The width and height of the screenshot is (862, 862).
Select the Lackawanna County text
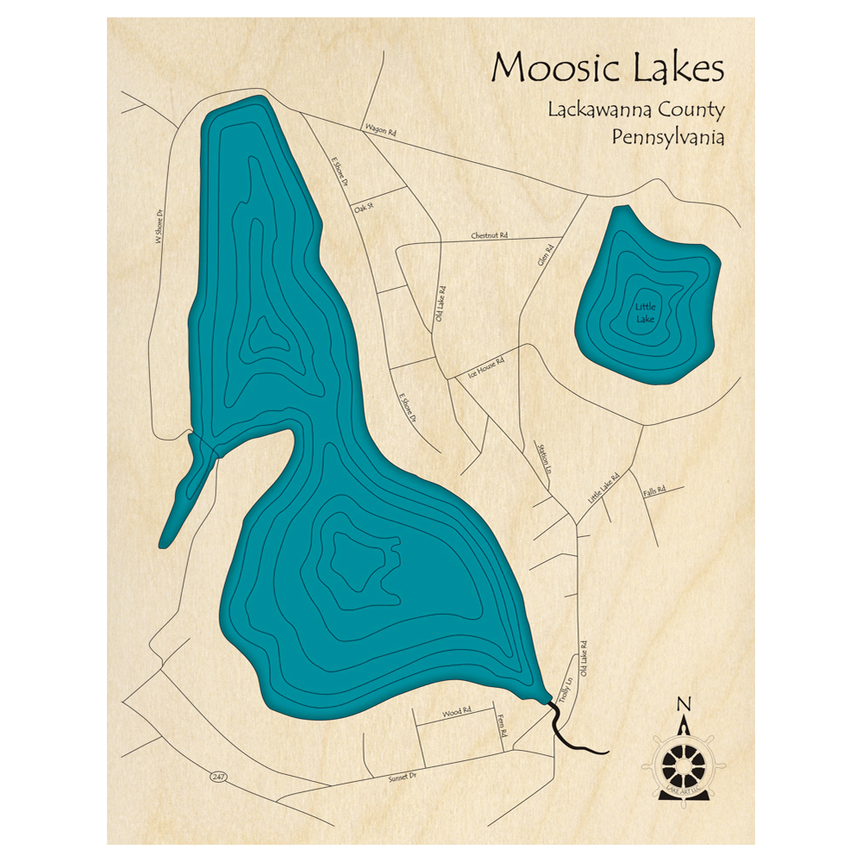[635, 111]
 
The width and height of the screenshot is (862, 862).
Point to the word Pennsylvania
[667, 137]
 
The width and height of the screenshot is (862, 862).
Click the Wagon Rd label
[379, 131]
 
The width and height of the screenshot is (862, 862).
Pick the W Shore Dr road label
[159, 227]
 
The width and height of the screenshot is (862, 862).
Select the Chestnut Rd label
[490, 234]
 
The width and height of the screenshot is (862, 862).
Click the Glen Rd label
[545, 255]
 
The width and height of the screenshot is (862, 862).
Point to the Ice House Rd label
[485, 369]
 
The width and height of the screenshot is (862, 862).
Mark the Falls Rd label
[655, 490]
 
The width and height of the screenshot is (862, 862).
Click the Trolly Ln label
[565, 690]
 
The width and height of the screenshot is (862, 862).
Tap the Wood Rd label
[457, 713]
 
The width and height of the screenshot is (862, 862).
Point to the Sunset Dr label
[403, 776]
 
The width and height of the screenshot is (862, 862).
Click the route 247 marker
[218, 777]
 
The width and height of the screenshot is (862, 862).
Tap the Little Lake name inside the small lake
[645, 313]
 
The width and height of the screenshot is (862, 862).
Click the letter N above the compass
[684, 703]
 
